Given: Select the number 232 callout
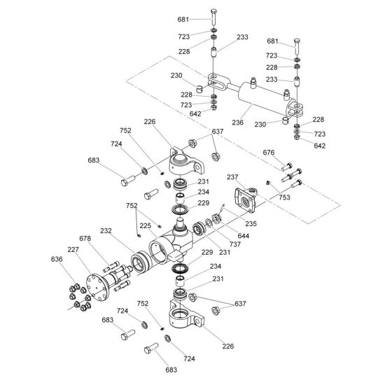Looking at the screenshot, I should [x=106, y=230].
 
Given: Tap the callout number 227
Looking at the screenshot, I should [x=73, y=249].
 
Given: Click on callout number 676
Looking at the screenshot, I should [x=269, y=152].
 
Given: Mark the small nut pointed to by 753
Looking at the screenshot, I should [x=268, y=183].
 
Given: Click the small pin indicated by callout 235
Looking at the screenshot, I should [x=222, y=207].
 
